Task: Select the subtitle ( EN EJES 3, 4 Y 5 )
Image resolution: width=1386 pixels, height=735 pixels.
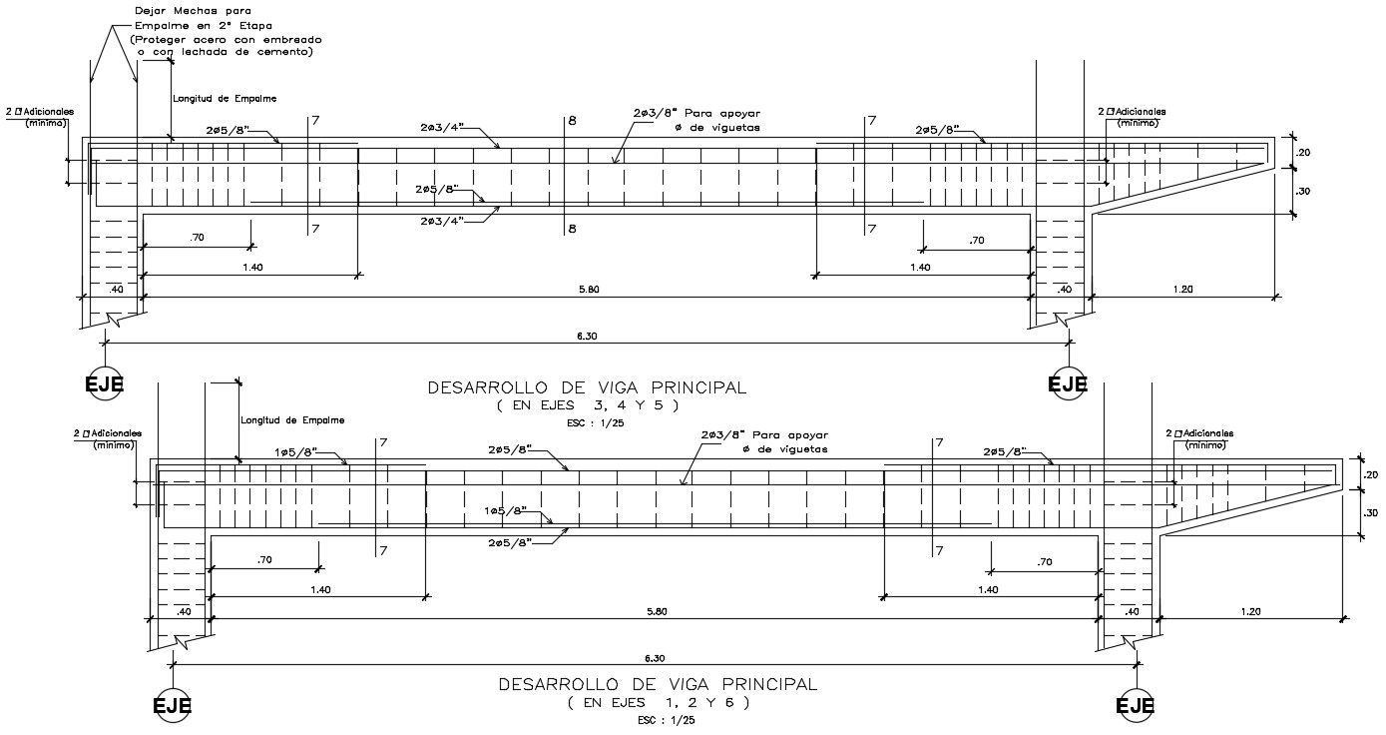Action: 588,405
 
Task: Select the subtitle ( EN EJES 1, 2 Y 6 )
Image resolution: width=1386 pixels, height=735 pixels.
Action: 658,703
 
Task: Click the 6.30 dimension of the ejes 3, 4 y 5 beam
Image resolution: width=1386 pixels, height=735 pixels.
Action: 587,337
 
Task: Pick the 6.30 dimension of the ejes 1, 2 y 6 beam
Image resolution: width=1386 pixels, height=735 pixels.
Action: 655,658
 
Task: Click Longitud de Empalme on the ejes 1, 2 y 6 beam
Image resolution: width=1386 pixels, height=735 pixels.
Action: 293,420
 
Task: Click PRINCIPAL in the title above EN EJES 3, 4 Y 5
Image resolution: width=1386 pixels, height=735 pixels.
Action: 698,386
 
